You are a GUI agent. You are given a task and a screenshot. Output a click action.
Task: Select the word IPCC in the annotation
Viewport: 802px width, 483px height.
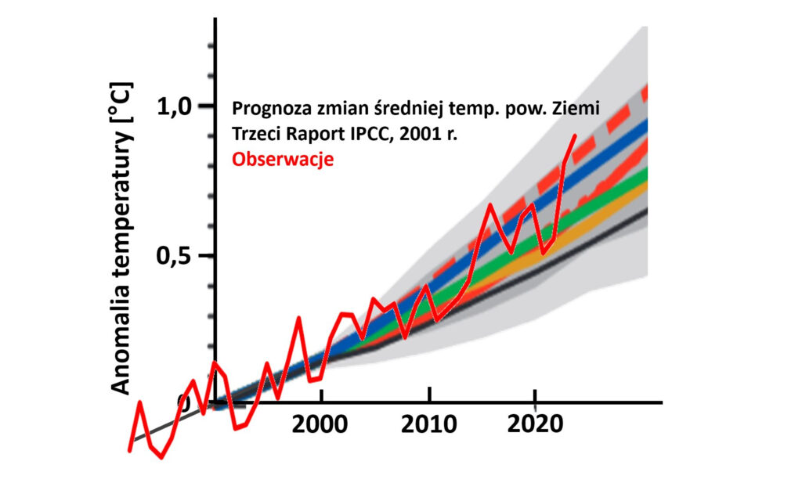(380, 134)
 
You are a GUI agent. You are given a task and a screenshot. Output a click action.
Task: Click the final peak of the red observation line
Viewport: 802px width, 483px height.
(575, 135)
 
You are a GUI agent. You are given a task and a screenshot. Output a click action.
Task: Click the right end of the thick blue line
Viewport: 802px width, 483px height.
(647, 124)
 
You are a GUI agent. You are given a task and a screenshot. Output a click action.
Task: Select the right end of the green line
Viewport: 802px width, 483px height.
(647, 168)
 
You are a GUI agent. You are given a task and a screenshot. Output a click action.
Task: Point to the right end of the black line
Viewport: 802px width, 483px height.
(647, 209)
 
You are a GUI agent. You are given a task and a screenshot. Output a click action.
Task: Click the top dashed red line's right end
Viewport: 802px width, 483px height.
(647, 88)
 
